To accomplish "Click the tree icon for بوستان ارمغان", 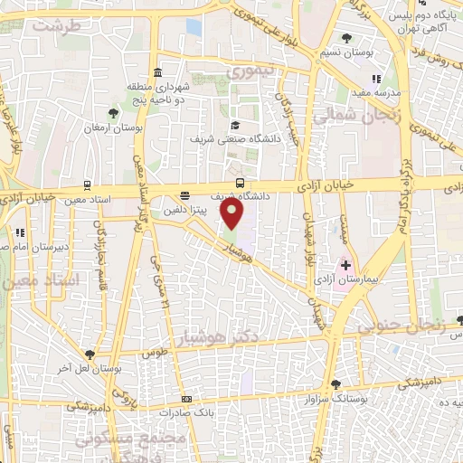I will click(113, 113).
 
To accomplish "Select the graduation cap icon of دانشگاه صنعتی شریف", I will click(235, 126).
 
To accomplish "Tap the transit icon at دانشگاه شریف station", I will click(239, 182).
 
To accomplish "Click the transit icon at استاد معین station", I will click(87, 182).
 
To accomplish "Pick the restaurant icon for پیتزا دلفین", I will click(185, 194).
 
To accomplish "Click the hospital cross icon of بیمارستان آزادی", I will click(345, 265).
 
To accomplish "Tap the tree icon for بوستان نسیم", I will click(347, 38).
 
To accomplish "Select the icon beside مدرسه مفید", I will click(377, 80).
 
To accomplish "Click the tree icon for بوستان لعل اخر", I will click(89, 354).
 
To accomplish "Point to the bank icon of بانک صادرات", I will click(186, 399).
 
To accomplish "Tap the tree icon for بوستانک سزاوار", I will click(335, 384).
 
